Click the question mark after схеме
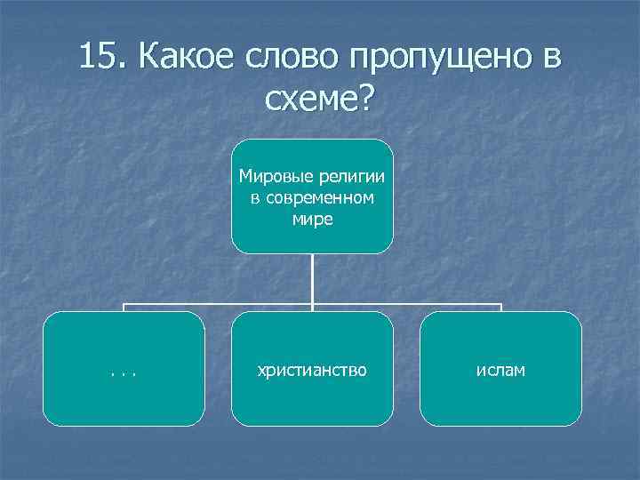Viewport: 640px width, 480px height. (x=367, y=99)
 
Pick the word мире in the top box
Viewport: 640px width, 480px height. (x=312, y=219)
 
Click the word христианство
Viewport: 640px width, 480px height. (x=312, y=369)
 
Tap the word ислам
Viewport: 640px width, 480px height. (x=500, y=369)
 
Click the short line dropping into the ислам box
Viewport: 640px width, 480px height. (x=501, y=308)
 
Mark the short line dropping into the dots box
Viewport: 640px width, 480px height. (x=124, y=308)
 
